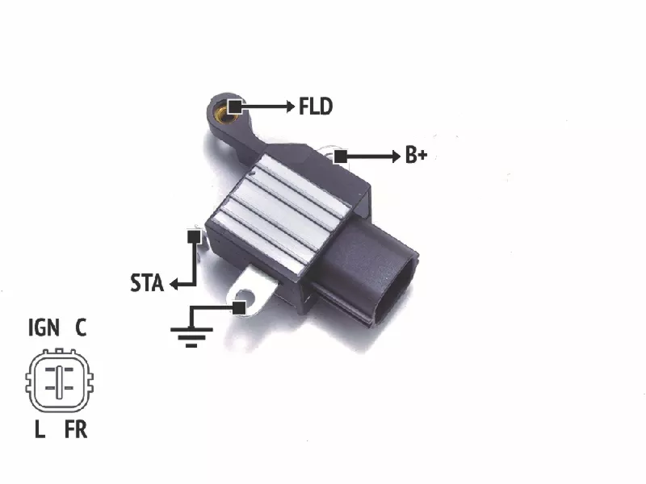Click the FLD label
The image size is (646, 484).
[316, 106]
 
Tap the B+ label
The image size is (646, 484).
[416, 155]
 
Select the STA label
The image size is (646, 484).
[147, 283]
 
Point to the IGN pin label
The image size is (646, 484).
[44, 328]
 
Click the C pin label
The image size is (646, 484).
[81, 328]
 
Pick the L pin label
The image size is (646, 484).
[40, 429]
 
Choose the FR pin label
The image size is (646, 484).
[76, 429]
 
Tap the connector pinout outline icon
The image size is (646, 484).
[59, 381]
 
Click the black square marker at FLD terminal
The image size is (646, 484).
[235, 106]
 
